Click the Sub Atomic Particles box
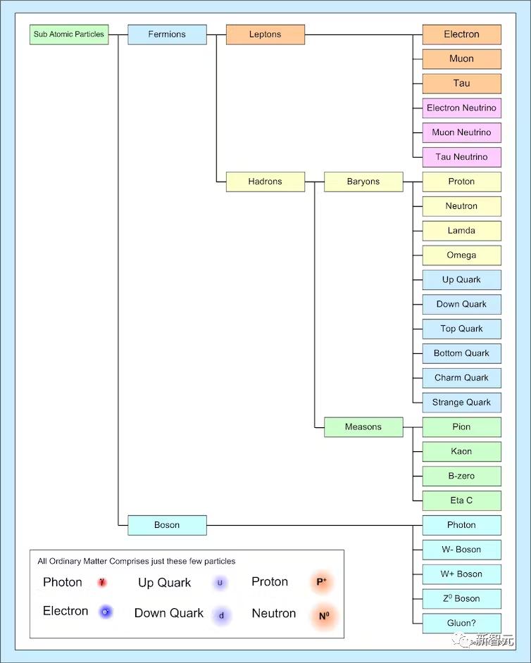69,34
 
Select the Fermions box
167,34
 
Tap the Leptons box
265,34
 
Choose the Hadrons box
265,182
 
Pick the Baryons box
363,182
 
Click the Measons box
363,427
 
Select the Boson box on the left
167,525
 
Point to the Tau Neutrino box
461,157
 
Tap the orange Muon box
461,59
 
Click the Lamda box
461,231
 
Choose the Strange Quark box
461,403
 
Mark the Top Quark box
461,329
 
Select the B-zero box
461,476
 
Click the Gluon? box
461,624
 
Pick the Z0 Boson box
461,599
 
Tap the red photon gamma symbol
102,583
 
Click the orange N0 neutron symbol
324,616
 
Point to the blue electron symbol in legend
106,612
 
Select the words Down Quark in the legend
169,613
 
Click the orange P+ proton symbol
322,582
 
